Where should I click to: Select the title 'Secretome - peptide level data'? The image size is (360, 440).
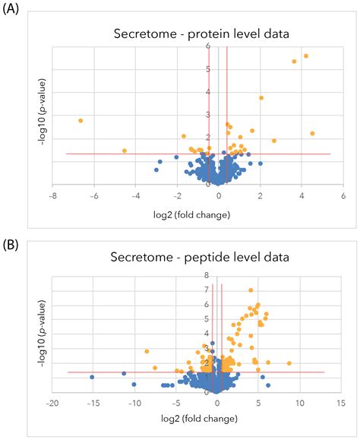coord(198,257)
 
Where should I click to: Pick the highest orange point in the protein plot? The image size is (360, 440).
coord(306,55)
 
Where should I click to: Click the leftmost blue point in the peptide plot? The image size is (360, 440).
coord(92,377)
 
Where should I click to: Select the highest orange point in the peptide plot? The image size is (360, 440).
coord(251,290)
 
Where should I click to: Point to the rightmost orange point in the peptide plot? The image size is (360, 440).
coord(289,363)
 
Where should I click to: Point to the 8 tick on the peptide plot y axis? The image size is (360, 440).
coord(205,275)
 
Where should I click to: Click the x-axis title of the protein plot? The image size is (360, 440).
coord(198,215)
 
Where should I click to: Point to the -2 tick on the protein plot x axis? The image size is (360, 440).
coord(177,196)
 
